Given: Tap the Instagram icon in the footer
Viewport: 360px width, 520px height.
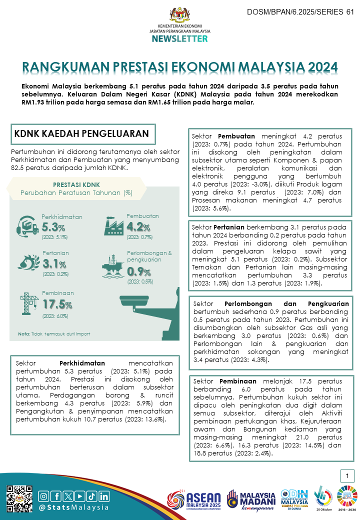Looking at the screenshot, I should click(x=44, y=482).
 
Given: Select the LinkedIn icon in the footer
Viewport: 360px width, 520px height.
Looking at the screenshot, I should click(x=104, y=482).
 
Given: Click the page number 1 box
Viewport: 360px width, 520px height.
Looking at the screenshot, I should click(x=346, y=475).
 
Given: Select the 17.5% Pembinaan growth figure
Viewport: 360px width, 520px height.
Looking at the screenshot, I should click(x=57, y=304).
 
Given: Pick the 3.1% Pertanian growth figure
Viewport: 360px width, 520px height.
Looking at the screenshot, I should click(x=54, y=263).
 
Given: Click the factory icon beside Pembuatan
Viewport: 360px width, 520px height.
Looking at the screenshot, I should click(x=113, y=226).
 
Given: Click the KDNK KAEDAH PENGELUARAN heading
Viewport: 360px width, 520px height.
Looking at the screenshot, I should click(x=81, y=133).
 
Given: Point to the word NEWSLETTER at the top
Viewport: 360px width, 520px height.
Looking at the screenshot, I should click(x=180, y=38).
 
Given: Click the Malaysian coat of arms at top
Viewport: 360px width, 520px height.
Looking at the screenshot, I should click(x=180, y=14).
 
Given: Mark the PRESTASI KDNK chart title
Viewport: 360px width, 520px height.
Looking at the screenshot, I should click(x=76, y=184).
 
